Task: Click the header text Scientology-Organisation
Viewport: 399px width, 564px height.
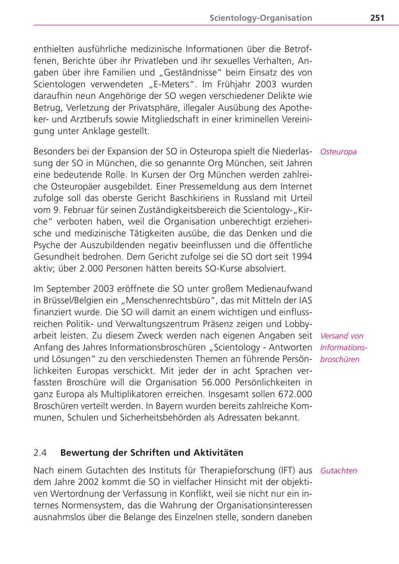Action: [x=261, y=18]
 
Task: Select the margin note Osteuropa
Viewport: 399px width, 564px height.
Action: [x=338, y=152]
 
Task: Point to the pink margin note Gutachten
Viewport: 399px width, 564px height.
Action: [x=339, y=471]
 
